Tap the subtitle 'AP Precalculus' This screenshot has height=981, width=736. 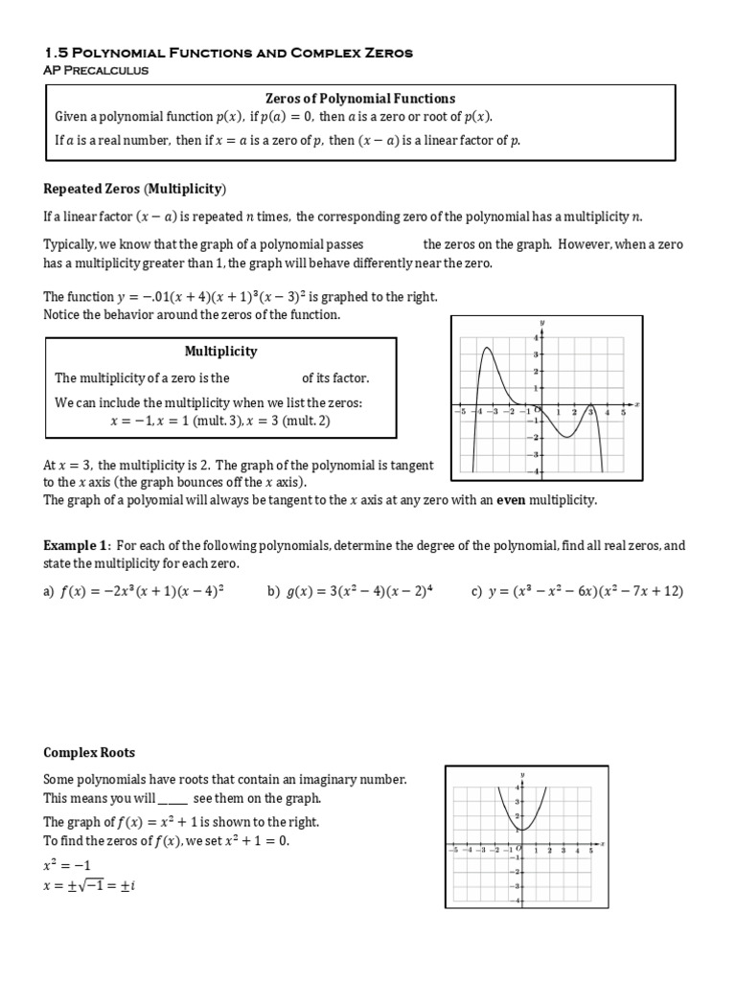[x=96, y=70]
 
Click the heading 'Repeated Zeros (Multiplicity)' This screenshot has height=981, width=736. [x=135, y=188]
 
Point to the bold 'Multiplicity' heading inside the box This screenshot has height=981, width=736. [x=220, y=352]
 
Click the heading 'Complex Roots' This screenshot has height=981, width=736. [x=88, y=753]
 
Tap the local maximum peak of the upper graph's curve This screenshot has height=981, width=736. [x=488, y=349]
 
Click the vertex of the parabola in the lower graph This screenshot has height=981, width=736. [x=520, y=830]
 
